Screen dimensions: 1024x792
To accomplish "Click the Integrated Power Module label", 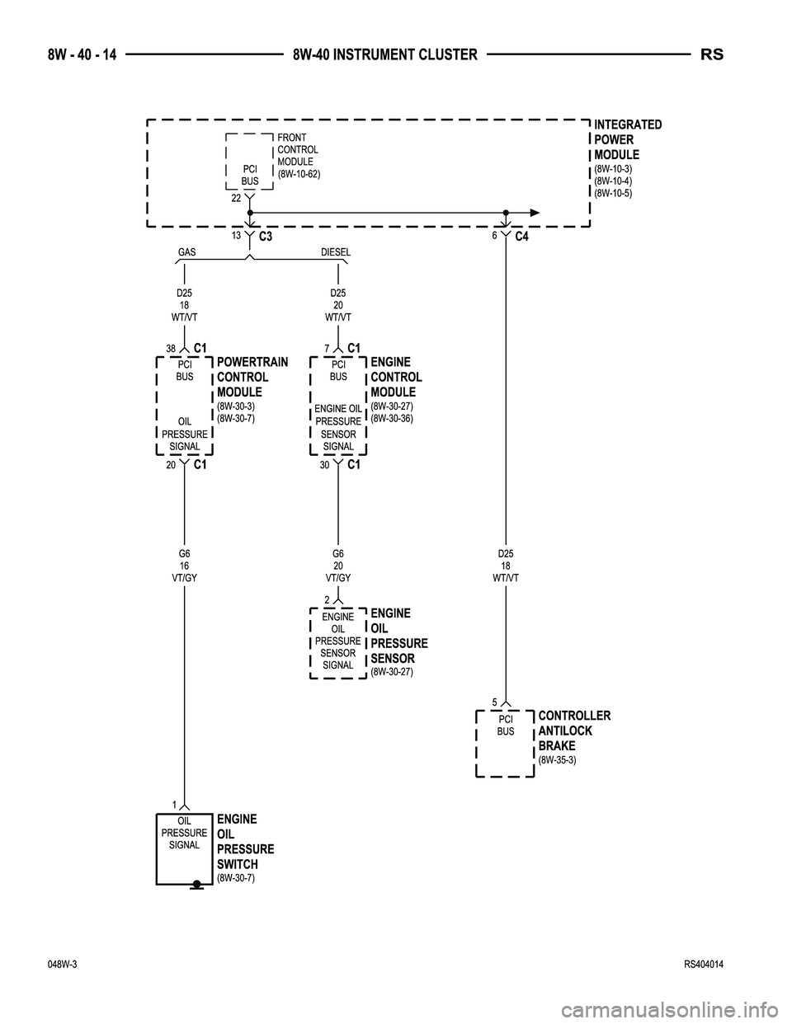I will point(627,139).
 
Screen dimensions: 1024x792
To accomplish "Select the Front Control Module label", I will point(299,156).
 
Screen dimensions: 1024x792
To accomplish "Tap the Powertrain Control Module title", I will point(252,377).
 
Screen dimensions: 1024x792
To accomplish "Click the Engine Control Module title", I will point(396,377).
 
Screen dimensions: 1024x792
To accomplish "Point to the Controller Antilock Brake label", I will point(573,730).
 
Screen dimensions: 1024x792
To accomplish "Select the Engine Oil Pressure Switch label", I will point(245,841).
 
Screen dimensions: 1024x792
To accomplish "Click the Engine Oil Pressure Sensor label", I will point(399,636).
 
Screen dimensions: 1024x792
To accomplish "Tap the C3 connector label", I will point(265,237).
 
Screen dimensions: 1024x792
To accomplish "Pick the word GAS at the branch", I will point(187,252).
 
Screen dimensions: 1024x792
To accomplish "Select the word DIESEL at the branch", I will point(336,252).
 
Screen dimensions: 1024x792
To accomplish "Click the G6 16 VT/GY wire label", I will point(185,566).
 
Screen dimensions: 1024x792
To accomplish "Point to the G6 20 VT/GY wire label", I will point(338,566).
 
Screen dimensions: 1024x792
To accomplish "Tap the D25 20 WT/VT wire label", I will point(338,305).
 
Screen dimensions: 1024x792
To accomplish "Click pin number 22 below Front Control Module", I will point(235,198).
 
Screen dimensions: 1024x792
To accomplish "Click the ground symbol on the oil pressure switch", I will point(196,886).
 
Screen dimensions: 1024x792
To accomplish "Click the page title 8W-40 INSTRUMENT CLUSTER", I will point(384,55).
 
